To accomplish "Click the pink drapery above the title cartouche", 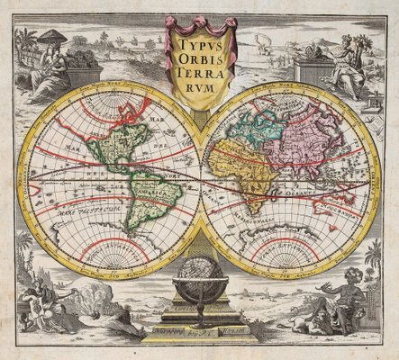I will click(199, 22).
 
